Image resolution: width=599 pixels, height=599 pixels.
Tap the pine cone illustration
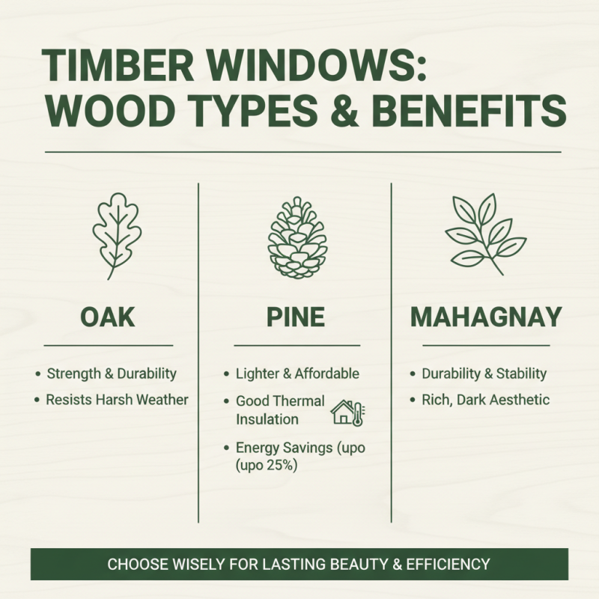pos(297,238)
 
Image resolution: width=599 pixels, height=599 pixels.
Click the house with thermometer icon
pos(347,413)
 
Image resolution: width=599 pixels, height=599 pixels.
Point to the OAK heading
pos(108,317)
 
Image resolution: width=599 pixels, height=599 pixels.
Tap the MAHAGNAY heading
pos(486,317)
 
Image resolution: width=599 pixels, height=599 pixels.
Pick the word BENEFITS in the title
pos(468,110)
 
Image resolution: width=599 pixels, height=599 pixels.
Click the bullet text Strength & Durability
pos(112,373)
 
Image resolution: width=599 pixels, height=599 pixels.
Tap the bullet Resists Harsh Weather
pos(117,399)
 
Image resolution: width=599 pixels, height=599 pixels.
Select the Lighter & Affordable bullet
pos(297,373)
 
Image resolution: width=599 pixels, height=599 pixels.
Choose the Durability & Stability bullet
pos(484,373)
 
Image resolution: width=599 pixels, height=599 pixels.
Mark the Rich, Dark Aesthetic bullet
pos(485,399)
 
